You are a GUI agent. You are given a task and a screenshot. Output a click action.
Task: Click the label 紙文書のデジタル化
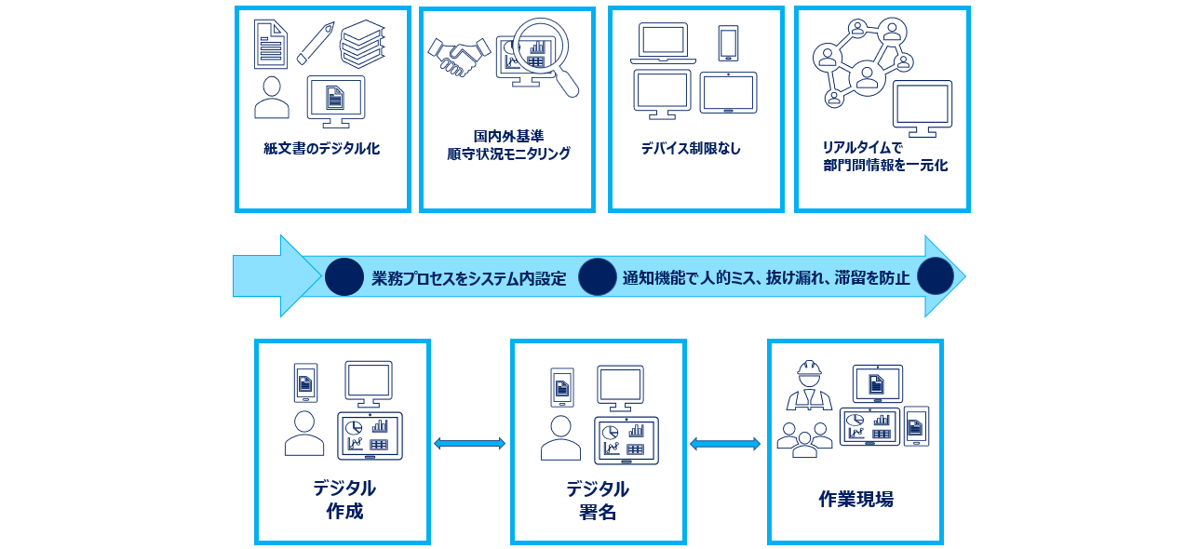(x=321, y=149)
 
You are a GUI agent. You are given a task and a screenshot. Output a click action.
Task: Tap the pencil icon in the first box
(x=316, y=44)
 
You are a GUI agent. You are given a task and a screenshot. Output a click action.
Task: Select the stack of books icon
(x=362, y=44)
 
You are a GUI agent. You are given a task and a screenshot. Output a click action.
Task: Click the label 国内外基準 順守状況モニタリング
(x=507, y=145)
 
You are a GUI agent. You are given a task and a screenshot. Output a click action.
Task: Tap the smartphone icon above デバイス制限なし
(x=728, y=44)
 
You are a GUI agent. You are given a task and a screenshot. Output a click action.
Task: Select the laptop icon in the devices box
(x=663, y=45)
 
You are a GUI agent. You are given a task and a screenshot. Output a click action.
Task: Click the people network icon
(x=862, y=62)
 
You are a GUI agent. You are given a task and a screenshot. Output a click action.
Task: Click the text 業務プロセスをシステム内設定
(x=468, y=278)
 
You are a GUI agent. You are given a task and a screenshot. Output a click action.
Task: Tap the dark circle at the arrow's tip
(x=935, y=276)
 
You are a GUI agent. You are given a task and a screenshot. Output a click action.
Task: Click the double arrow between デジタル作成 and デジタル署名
(x=470, y=444)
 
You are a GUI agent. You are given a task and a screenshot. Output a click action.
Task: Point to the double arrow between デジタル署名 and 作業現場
(x=725, y=445)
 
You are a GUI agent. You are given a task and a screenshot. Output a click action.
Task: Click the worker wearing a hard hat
(x=808, y=386)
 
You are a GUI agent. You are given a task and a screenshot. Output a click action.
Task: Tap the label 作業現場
(x=855, y=500)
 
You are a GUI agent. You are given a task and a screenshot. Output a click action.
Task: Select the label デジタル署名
(x=598, y=501)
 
